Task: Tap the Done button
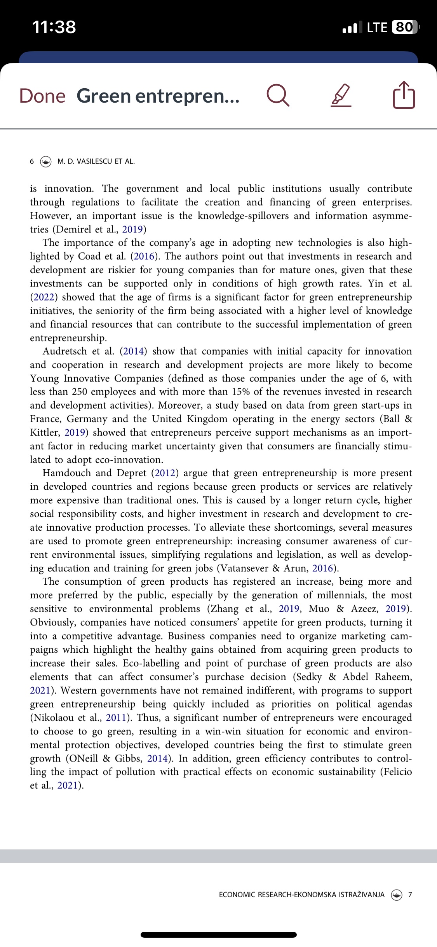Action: click(42, 96)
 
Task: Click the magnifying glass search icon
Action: click(278, 96)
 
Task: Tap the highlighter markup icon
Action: click(341, 96)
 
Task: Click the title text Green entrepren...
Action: click(158, 96)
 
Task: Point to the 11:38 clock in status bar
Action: click(54, 27)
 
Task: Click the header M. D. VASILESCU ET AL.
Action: click(96, 161)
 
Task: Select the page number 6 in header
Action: click(32, 161)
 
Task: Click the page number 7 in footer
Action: click(410, 895)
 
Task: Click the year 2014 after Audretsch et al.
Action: click(134, 351)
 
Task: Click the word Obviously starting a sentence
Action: click(52, 622)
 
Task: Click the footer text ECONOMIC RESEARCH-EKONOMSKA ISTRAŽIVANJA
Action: click(301, 895)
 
